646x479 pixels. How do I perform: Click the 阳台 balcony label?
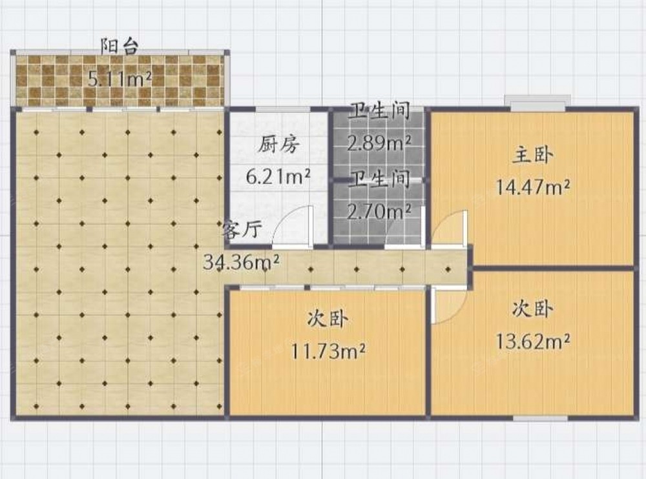120,46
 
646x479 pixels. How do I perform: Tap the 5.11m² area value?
120,79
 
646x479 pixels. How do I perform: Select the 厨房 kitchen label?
279,145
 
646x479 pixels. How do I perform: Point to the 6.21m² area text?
278,177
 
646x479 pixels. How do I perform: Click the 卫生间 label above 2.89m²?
379,111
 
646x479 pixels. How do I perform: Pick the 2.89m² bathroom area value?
379,143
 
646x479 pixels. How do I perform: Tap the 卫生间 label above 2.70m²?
379,179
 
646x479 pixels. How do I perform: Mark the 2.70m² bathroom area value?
379,212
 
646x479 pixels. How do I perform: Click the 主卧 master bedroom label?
532,156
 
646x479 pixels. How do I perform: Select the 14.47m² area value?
532,187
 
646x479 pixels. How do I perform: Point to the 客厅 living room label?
242,230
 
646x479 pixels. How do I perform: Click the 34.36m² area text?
242,262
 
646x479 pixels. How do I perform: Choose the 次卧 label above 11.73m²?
328,319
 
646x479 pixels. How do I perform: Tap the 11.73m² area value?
328,351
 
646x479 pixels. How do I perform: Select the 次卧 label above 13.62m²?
532,309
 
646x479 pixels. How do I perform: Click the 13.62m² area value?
532,341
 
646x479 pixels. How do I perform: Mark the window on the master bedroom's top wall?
538,103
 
